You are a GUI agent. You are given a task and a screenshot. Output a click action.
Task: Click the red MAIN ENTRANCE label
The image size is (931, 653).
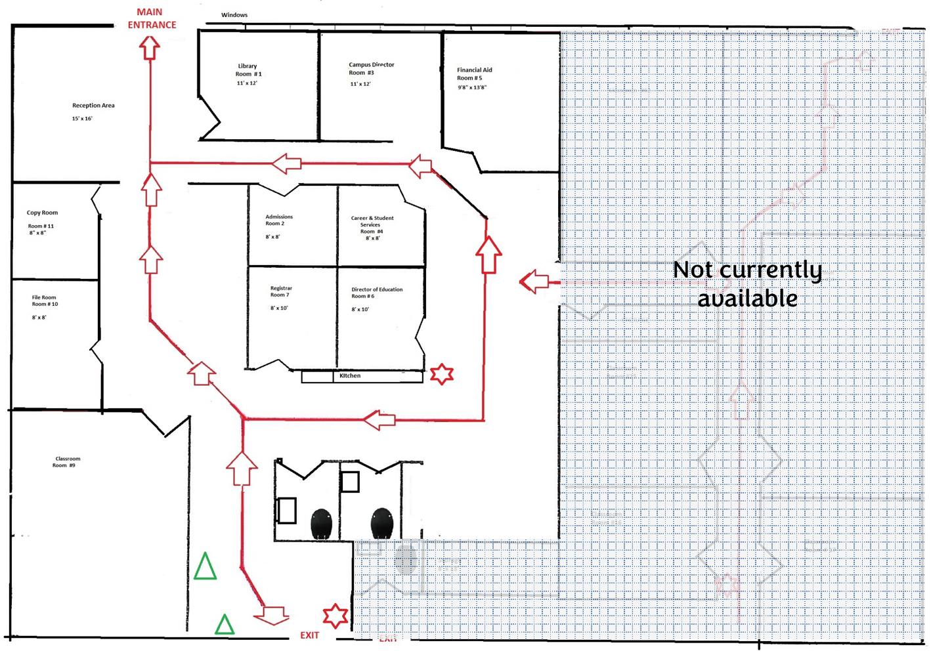pyautogui.click(x=152, y=18)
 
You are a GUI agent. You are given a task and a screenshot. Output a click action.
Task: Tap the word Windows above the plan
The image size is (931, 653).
pyautogui.click(x=234, y=15)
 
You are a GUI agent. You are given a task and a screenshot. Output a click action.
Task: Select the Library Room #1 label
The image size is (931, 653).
pyautogui.click(x=249, y=70)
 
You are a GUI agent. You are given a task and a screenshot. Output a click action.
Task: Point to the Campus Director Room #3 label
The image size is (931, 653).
pyautogui.click(x=371, y=69)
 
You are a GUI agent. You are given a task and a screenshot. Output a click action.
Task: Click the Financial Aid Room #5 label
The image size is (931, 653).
pyautogui.click(x=474, y=74)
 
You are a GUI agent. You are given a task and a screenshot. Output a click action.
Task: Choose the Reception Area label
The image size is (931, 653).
pyautogui.click(x=93, y=106)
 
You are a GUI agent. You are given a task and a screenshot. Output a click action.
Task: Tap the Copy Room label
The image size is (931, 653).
pyautogui.click(x=42, y=213)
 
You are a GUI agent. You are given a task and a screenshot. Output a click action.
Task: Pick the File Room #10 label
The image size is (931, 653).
pyautogui.click(x=45, y=301)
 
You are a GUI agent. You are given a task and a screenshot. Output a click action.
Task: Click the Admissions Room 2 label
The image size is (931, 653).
pyautogui.click(x=279, y=220)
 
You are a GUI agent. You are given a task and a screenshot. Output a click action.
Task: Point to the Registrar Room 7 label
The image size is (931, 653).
pyautogui.click(x=281, y=291)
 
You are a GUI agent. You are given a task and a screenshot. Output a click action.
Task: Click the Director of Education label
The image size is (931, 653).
pyautogui.click(x=377, y=293)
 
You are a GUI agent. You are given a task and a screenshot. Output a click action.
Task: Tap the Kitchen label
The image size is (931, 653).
pyautogui.click(x=350, y=376)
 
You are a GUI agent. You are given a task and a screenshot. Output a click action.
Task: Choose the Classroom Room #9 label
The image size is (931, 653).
pyautogui.click(x=67, y=462)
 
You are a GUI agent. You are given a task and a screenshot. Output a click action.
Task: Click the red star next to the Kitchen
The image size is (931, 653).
pyautogui.click(x=442, y=375)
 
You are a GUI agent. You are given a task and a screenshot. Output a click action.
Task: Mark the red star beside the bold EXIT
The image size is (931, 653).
pyautogui.click(x=336, y=616)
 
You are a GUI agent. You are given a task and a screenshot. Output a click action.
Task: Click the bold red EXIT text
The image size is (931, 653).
pyautogui.click(x=309, y=635)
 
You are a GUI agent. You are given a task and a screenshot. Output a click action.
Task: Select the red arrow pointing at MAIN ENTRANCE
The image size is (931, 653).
pyautogui.click(x=150, y=48)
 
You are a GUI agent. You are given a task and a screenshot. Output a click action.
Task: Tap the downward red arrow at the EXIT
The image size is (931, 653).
pyautogui.click(x=271, y=616)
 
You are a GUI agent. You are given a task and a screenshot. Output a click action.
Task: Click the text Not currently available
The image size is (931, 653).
pyautogui.click(x=747, y=284)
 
